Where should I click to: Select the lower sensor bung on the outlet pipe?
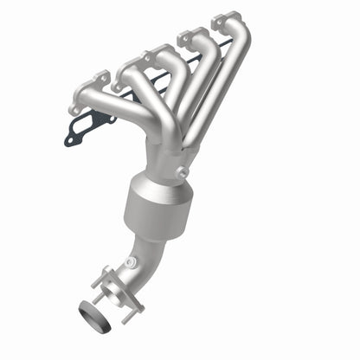130,261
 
